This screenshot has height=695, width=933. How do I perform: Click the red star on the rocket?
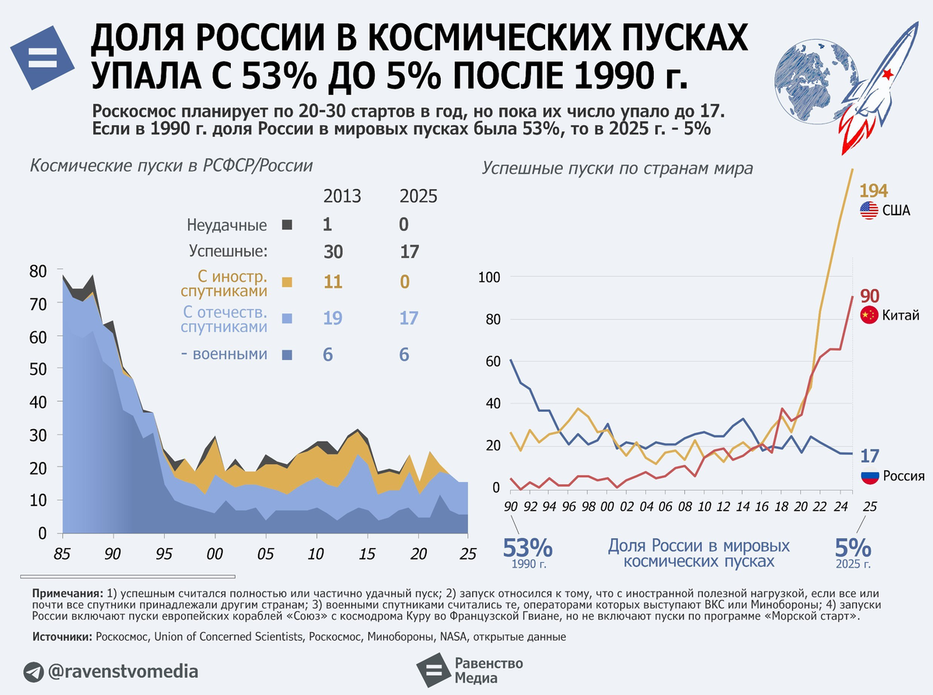coord(887,75)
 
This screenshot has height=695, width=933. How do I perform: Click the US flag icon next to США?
coord(869,211)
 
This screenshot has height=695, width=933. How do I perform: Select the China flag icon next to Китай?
coord(869,315)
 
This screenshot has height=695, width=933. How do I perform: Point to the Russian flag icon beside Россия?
coord(870,476)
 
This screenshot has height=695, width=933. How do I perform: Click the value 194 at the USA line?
coord(873,191)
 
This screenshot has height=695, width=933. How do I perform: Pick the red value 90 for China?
coord(869,296)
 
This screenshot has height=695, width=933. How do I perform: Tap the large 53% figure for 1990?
coord(527,548)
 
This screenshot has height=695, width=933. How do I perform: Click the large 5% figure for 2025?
coord(853,548)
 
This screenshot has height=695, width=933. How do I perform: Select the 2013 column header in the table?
coord(342,197)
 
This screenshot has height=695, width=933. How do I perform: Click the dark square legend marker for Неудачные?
coord(287,225)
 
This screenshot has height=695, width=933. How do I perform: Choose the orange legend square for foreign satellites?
coord(287,282)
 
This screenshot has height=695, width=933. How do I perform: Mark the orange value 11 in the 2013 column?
coord(333,282)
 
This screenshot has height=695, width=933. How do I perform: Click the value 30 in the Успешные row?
coord(333,252)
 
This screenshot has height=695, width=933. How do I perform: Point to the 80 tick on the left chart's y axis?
coord(38,271)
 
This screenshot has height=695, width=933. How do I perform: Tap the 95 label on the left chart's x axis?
coord(163,554)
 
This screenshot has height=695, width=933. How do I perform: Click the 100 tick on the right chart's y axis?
coord(489,278)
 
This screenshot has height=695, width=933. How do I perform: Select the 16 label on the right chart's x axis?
coord(761,507)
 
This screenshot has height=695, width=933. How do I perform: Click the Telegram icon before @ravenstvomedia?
coord(33,672)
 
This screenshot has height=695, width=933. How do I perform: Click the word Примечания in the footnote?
coord(68,594)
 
